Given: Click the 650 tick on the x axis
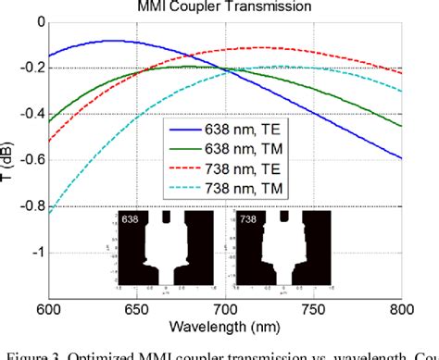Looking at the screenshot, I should point(137,309).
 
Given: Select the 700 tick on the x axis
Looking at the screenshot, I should point(225,309).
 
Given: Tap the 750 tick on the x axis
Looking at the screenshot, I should point(314,309).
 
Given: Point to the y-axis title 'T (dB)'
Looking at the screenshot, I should point(10,155).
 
